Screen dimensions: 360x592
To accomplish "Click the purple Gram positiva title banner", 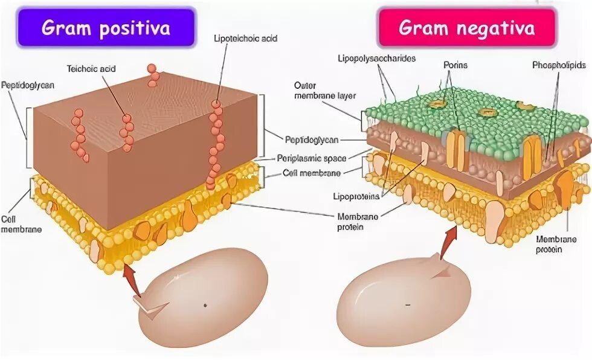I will coord(105,27).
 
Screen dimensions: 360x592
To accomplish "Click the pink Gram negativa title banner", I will coord(466,27).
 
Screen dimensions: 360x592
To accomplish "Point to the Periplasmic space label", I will coord(312,159).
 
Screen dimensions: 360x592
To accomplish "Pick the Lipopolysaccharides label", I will coord(368,58).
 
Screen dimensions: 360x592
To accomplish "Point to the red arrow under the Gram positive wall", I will coord(131,281).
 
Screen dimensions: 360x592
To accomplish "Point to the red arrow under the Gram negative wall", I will coord(448,244).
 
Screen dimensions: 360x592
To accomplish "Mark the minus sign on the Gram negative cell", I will coord(408,305).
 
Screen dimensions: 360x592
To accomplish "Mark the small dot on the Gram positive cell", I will coord(205,305).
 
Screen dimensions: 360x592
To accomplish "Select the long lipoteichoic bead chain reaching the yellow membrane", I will coord(215,145).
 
